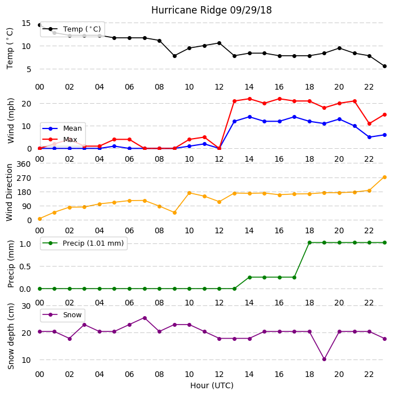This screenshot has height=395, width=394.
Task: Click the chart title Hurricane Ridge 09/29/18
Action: (211, 10)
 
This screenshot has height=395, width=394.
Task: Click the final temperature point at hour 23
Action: (384, 66)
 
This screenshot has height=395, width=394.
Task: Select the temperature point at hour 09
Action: (174, 56)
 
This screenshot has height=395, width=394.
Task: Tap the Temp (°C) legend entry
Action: (72, 29)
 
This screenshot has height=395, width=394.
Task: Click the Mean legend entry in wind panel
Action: (62, 128)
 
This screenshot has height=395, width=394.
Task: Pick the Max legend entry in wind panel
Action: (60, 140)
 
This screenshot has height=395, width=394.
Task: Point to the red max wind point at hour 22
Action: (370, 124)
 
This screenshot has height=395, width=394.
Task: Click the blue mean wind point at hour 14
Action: (250, 117)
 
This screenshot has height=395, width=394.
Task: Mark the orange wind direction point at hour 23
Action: (384, 177)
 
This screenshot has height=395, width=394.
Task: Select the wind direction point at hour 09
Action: (174, 212)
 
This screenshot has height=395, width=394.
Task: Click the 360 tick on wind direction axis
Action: (24, 164)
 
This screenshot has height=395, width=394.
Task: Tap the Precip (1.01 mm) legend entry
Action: (84, 243)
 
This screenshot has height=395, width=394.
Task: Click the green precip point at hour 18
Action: (310, 243)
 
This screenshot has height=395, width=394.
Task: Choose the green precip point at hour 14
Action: (250, 277)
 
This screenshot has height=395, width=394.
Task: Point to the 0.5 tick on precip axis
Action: (25, 267)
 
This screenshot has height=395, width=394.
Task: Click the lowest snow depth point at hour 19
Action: (325, 360)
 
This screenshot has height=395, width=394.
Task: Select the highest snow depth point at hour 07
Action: (145, 318)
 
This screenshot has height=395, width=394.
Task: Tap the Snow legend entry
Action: (62, 315)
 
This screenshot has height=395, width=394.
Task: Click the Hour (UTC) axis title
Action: (212, 385)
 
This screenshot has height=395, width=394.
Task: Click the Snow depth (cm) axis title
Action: (11, 336)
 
